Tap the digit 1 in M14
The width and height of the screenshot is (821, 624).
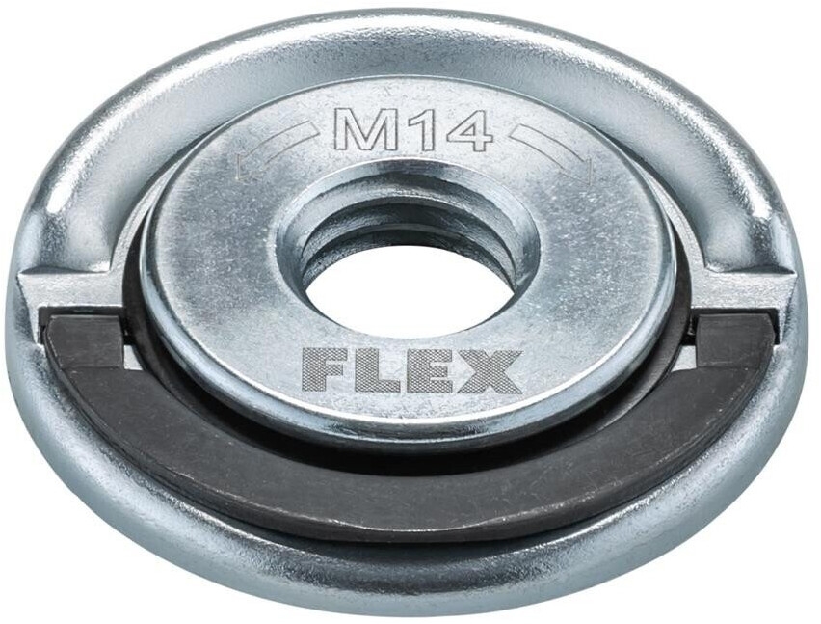click(414, 130)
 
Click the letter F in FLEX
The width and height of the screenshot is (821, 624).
click(323, 371)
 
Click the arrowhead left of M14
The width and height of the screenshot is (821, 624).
click(245, 166)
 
